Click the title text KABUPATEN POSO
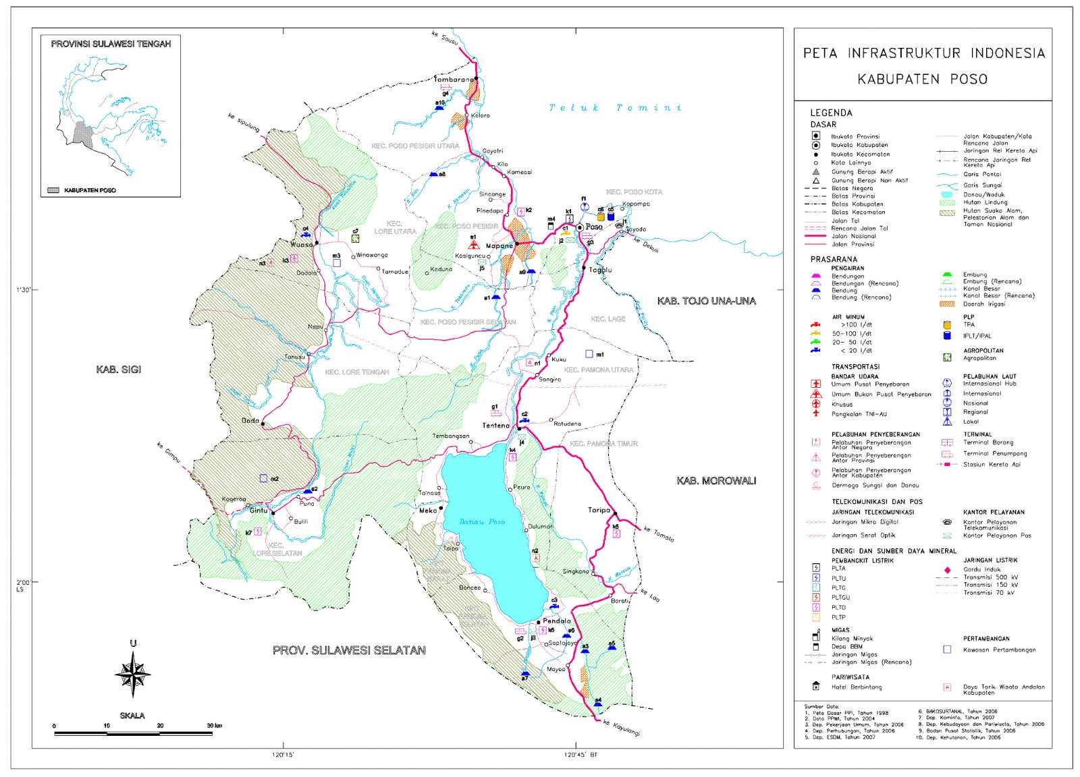[x=922, y=79]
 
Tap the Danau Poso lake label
[x=482, y=521]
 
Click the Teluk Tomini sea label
[x=615, y=108]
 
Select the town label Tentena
[x=496, y=426]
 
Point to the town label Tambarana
[x=454, y=80]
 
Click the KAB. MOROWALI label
[x=716, y=481]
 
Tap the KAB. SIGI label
[x=119, y=370]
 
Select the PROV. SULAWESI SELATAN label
[x=349, y=650]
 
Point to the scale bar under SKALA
[x=133, y=732]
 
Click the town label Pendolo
[x=557, y=621]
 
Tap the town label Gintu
[x=259, y=511]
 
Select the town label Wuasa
[x=301, y=244]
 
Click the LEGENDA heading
[x=831, y=113]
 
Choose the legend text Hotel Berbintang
[x=857, y=687]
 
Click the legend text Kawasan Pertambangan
[x=999, y=650]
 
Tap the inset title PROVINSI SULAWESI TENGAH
[x=111, y=44]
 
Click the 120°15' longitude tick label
[x=283, y=755]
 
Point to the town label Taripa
[x=599, y=510]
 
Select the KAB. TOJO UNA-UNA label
[x=706, y=301]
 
